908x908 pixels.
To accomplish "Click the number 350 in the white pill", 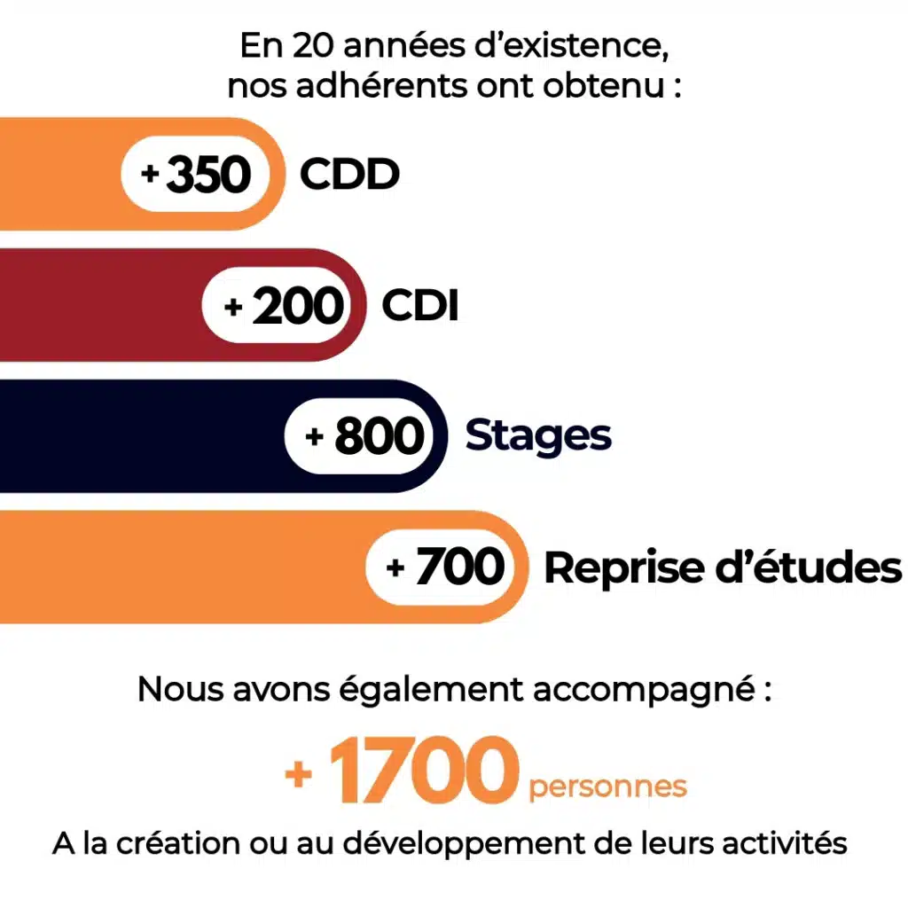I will (209, 175).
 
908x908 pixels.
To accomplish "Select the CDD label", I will (349, 175).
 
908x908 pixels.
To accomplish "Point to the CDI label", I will (420, 306).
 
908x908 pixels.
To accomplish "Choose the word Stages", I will (538, 436).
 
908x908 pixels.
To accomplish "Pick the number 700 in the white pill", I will (459, 567).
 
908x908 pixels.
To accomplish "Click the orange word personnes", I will (607, 786).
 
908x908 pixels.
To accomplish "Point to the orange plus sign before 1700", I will (299, 774).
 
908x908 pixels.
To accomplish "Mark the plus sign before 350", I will (150, 175).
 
